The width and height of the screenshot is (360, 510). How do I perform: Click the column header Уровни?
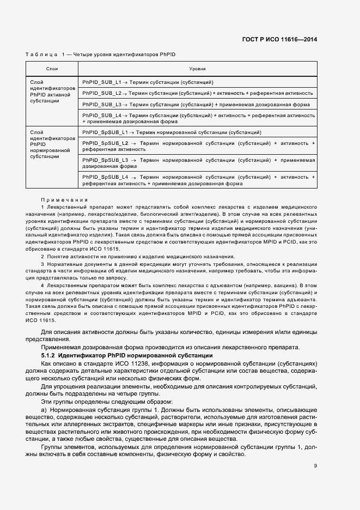pos(197,70)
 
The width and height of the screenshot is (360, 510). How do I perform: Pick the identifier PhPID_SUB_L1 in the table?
pos(101,82)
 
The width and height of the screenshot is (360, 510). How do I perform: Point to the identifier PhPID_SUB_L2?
pos(101,93)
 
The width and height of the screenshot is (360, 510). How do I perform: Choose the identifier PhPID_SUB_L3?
pos(101,104)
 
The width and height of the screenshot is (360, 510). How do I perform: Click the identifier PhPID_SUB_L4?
pos(101,116)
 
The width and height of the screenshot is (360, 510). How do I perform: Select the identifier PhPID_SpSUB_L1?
pos(104,132)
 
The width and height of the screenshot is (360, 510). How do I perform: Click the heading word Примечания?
pos(64,200)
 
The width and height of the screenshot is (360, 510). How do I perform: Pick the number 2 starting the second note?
pos(42,257)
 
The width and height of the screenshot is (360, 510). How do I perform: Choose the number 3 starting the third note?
pos(42,264)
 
